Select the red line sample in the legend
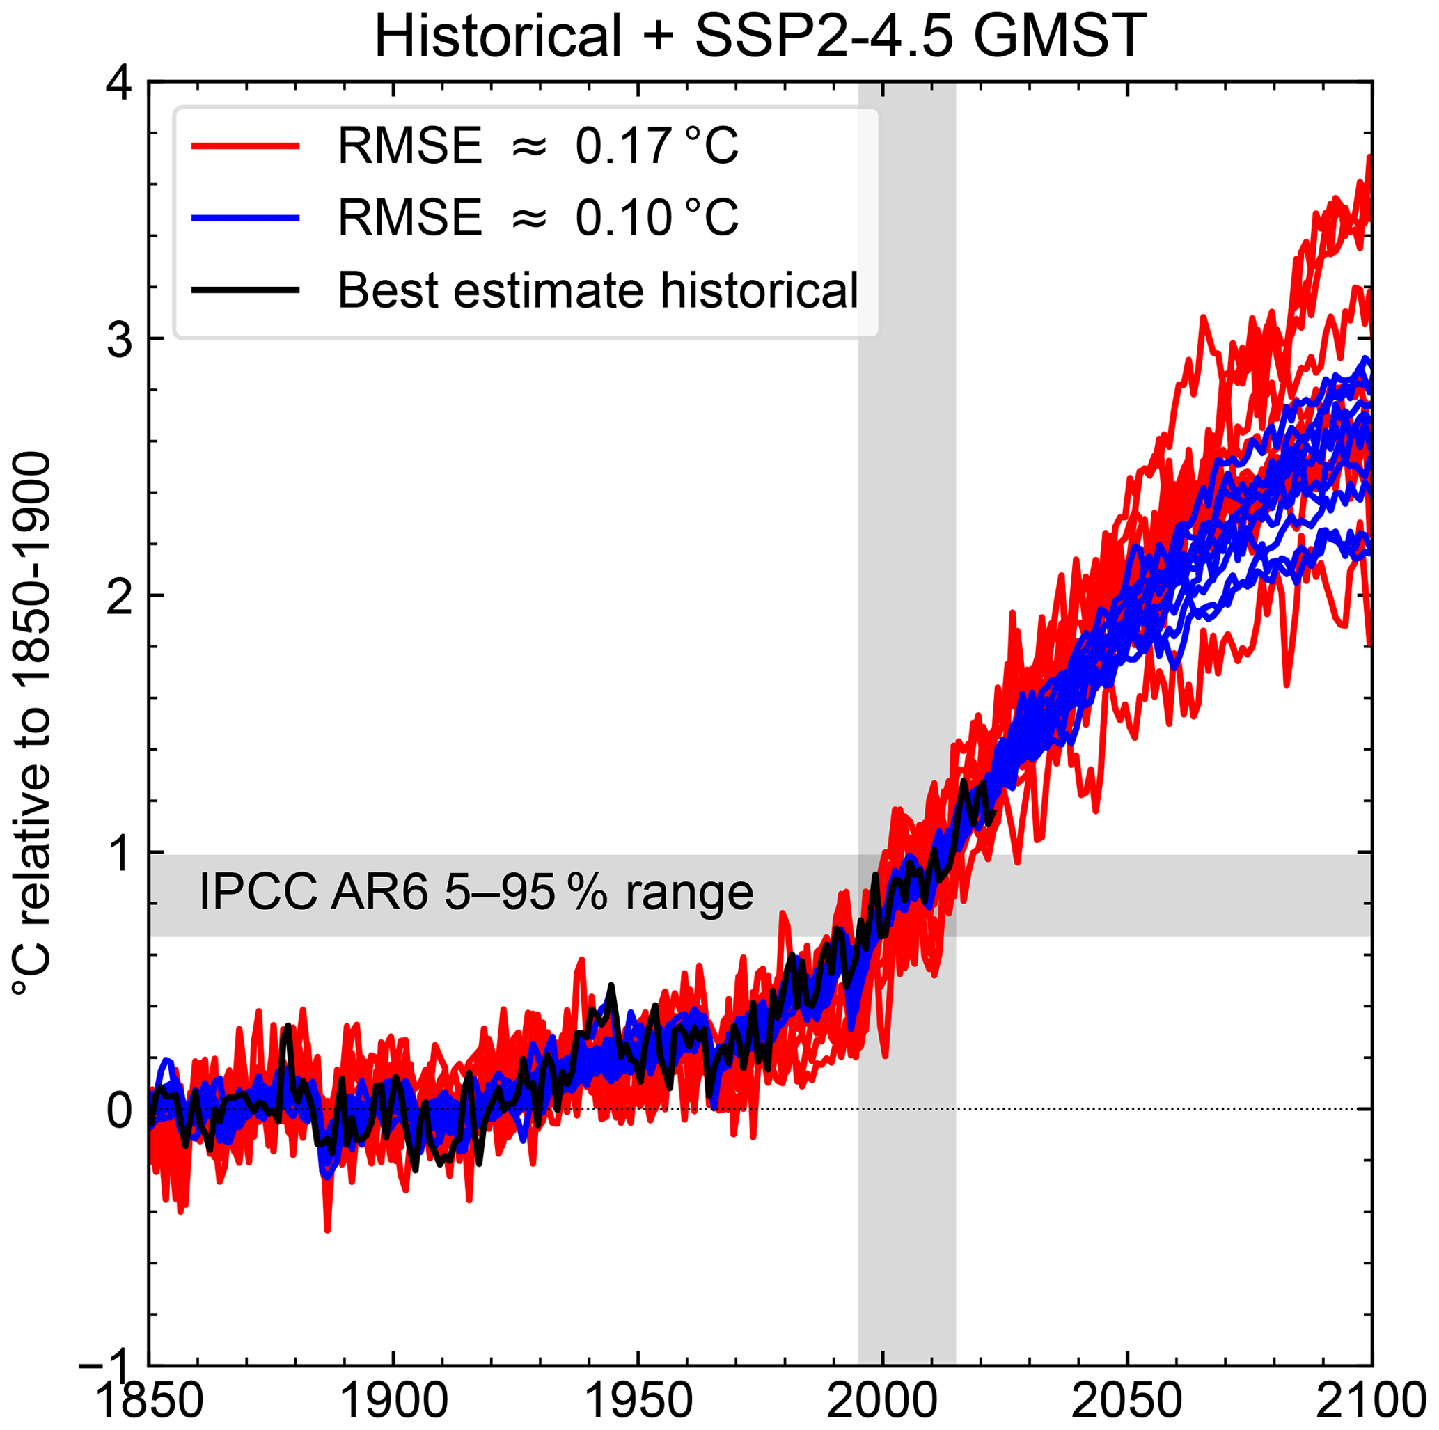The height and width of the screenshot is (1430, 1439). point(245,146)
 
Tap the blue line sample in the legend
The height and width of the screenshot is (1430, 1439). point(245,218)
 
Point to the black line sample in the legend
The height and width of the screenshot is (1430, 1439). point(245,290)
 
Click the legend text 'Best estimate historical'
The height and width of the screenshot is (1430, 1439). point(597,290)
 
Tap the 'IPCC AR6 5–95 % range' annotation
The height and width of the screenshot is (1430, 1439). point(476,893)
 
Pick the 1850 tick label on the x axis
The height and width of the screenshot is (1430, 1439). point(149,1401)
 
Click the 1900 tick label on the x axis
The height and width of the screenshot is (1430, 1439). point(394,1401)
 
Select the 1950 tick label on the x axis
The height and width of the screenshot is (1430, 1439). point(638,1401)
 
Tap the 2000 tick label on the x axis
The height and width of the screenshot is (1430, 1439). point(883,1401)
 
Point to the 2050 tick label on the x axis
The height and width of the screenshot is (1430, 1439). point(1128,1401)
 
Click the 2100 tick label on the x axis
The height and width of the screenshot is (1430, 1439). point(1371,1401)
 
